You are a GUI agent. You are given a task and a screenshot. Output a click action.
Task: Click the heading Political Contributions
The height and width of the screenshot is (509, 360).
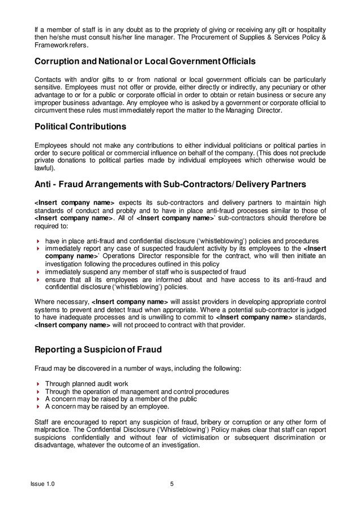80,127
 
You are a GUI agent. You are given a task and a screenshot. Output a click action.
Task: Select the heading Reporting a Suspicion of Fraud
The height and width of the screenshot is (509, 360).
98,350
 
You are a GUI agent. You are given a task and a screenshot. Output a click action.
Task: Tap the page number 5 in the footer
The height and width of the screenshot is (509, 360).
172,484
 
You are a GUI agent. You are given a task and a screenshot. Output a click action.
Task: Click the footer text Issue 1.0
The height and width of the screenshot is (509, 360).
42,484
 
